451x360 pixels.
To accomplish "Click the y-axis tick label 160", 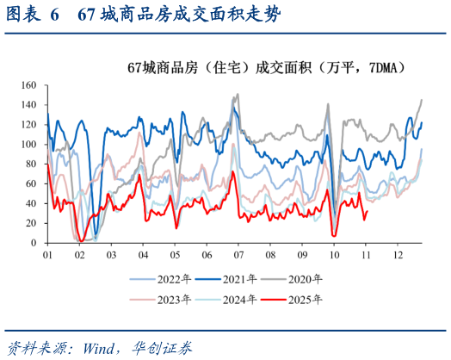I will pos(27,85).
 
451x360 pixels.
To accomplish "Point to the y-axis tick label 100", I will pos(27,145).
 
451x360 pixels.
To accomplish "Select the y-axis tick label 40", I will pos(29,203).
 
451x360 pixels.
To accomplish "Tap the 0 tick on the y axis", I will pos(32,242).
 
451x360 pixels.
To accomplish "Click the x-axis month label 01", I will pos(47,256).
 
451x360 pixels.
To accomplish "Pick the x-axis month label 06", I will pos(206,256).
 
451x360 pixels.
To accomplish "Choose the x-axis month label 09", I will pos(301,256).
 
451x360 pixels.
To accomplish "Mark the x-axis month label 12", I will pos(397,256).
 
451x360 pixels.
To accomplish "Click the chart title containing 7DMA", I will pos(267,67).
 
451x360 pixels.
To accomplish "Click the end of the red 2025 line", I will pos(368,211).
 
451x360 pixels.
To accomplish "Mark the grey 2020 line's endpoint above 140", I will pos(422,100).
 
